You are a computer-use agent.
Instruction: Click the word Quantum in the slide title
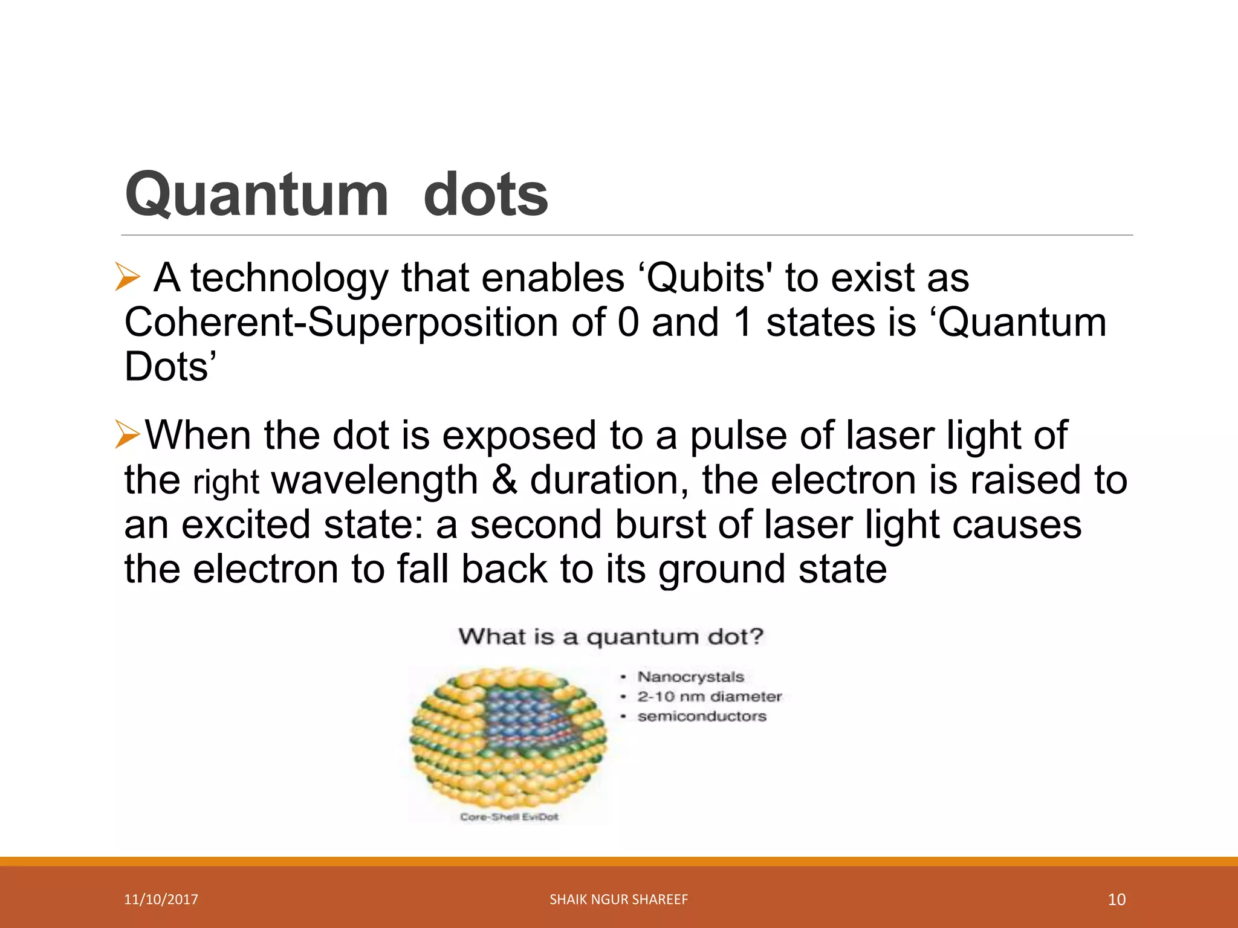click(256, 195)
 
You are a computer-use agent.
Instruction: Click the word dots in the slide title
click(485, 195)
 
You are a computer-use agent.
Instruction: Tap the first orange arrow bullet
click(127, 279)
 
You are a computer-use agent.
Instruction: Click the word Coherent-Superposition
click(341, 323)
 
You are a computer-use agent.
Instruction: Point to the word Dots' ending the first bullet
click(170, 367)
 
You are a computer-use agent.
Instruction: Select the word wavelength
click(375, 480)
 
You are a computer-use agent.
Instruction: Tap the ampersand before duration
click(504, 480)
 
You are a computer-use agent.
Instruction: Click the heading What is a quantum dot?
click(611, 637)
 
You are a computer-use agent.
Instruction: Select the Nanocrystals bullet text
click(690, 677)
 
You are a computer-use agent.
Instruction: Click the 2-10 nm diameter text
click(709, 697)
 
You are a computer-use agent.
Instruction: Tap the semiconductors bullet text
click(701, 717)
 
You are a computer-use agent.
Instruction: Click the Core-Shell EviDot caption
click(509, 817)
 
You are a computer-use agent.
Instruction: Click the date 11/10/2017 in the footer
click(161, 900)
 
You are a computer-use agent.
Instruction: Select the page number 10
click(1116, 900)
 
